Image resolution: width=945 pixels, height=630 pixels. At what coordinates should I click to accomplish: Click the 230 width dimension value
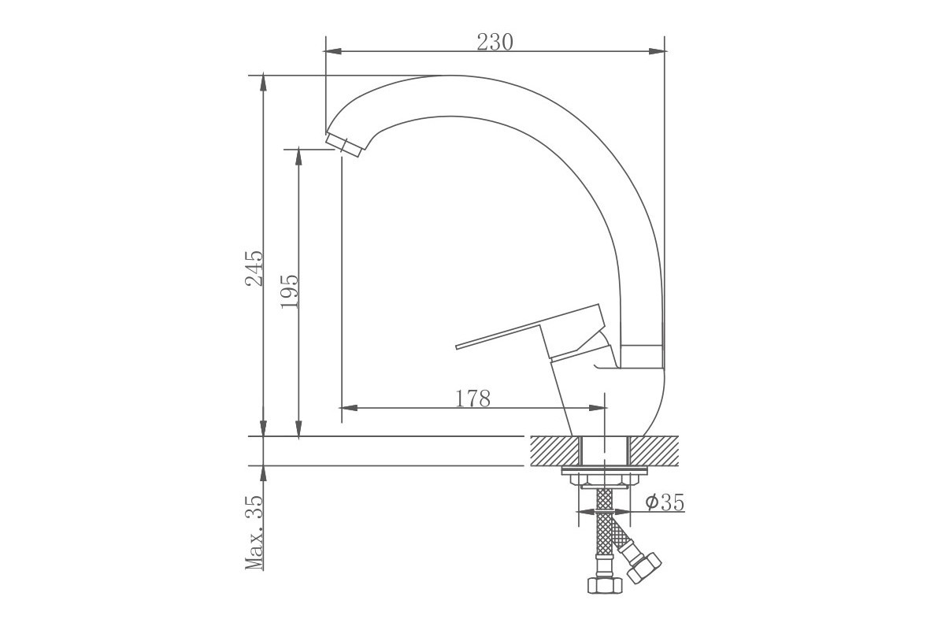495,43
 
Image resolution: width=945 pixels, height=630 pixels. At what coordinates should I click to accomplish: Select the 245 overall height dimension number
254,269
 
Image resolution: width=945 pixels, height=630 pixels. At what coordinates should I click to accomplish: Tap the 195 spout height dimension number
290,291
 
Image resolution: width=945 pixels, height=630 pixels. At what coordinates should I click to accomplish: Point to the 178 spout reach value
473,398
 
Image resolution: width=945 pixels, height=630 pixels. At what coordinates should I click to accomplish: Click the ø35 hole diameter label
665,502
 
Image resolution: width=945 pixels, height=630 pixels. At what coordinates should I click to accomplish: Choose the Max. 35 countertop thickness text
254,533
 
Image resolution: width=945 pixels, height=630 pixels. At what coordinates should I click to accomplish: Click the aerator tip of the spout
345,145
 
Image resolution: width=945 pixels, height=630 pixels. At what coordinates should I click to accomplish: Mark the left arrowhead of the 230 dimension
333,51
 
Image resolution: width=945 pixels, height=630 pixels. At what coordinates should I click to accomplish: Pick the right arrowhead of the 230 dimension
658,51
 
